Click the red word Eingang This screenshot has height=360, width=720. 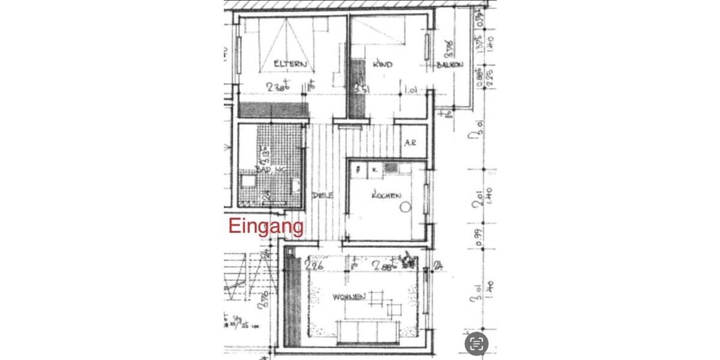point(266,227)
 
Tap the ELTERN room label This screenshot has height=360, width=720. point(290,64)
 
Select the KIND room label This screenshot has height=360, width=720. point(382,64)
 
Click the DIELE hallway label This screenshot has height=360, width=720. point(322,195)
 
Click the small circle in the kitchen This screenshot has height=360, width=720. point(405,207)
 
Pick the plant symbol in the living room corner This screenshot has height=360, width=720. point(410,262)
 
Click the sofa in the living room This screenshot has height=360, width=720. point(366,329)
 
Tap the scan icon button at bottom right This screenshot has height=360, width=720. point(477,343)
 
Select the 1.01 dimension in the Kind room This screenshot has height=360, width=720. point(411,91)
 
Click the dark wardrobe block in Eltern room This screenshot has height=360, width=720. point(274,109)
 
